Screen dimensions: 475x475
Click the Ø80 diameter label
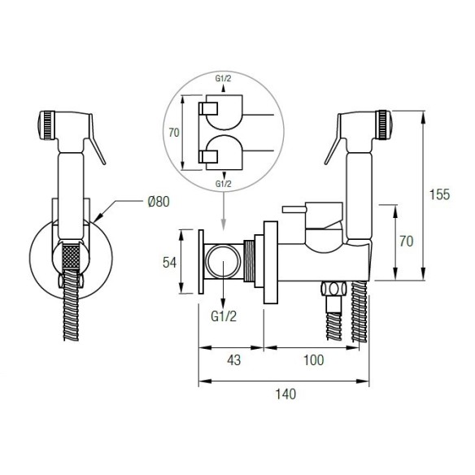point(159,202)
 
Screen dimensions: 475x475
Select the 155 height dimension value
point(439,194)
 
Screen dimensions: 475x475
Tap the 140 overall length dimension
point(285,394)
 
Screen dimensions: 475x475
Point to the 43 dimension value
point(234,360)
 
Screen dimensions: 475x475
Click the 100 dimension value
point(313,360)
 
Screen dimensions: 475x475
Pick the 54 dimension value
point(169,263)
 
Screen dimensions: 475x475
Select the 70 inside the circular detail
point(174,133)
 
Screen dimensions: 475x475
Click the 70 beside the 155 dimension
point(406,242)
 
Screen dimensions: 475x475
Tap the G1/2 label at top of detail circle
point(223,78)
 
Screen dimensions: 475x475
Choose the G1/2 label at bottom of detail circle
point(223,184)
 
